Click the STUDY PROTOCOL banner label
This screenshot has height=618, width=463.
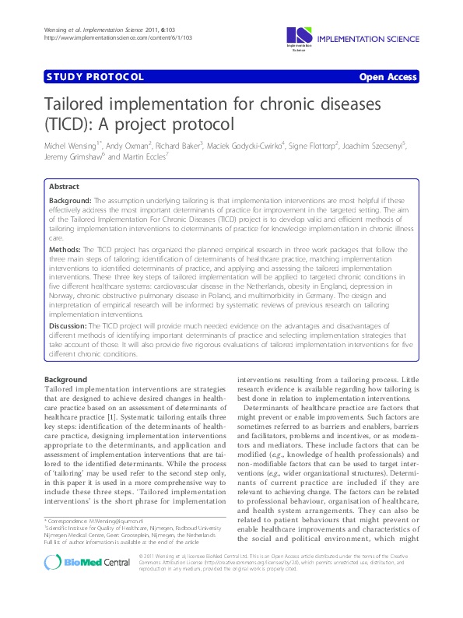pos(96,76)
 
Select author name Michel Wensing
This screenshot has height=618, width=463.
pos(72,145)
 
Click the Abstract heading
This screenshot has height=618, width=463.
pos(64,188)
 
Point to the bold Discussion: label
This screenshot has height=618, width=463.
pos(68,325)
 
